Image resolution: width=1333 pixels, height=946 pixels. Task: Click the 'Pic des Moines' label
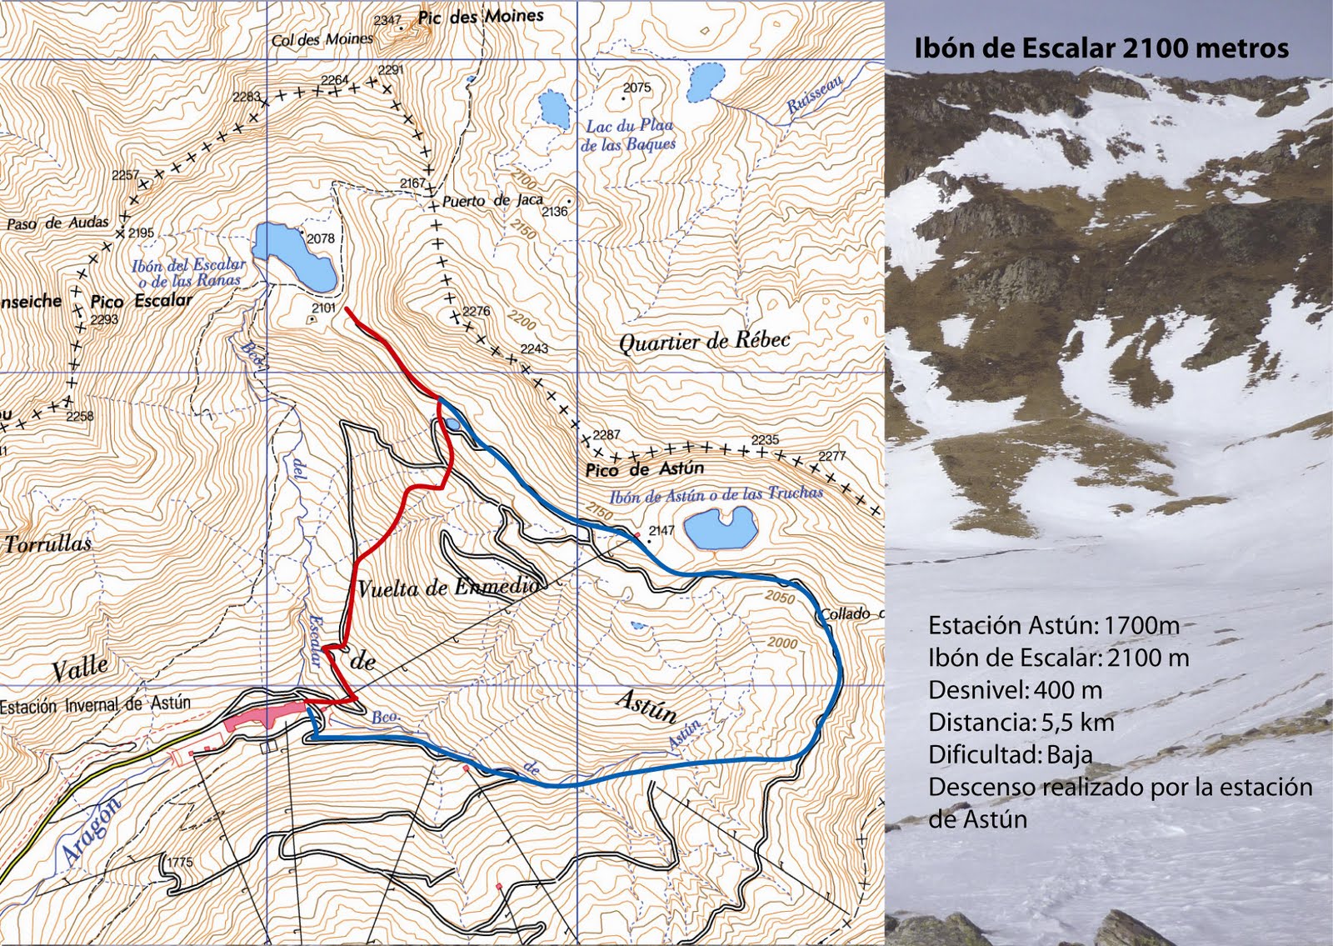[481, 17]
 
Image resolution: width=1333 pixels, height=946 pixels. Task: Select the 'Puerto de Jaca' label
[492, 201]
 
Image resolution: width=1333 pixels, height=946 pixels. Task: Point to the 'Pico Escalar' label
[141, 301]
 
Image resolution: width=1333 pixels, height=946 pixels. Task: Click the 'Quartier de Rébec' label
[704, 341]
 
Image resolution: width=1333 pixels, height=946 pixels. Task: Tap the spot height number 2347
[387, 20]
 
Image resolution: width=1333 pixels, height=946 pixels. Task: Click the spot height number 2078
[321, 238]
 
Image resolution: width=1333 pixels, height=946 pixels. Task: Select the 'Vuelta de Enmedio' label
[448, 588]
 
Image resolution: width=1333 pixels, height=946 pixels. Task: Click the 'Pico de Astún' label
[644, 469]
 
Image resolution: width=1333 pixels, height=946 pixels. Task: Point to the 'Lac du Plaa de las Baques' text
[629, 135]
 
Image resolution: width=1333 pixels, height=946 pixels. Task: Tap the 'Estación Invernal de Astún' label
[95, 705]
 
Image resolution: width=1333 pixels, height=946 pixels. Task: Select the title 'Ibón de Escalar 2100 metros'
[1101, 48]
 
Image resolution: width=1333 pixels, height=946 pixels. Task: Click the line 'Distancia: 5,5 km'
[1021, 723]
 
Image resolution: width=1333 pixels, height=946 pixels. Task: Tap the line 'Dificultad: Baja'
[1010, 755]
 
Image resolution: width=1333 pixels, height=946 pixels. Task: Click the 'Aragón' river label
[90, 829]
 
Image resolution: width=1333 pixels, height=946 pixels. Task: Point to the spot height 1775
[181, 862]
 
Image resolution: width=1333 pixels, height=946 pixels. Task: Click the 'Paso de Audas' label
[57, 223]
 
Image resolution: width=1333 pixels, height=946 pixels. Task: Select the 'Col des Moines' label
[322, 39]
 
